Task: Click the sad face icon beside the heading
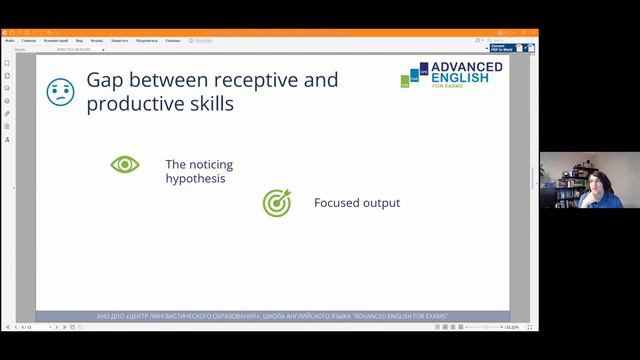pos(61,92)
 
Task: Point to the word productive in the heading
pos(131,104)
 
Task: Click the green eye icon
pos(125,164)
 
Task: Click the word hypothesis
pos(195,179)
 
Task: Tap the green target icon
pos(276,203)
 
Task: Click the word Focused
pos(335,203)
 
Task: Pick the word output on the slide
pos(381,203)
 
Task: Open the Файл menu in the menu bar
pos(10,40)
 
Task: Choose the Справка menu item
pos(173,40)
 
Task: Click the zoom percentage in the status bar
pos(510,327)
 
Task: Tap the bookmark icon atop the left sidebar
pos(7,63)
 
